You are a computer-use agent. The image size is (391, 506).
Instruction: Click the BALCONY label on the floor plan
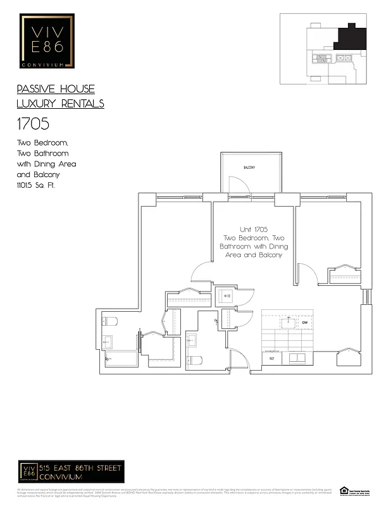[x=249, y=167]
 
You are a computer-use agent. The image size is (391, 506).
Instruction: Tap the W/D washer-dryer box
[x=227, y=296]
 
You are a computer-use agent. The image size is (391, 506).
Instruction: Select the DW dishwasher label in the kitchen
[x=304, y=323]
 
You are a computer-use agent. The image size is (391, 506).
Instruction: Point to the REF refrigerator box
[x=271, y=359]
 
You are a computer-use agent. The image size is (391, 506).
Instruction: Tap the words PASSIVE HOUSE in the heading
[x=56, y=89]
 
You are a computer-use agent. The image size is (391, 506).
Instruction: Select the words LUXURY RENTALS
[x=60, y=104]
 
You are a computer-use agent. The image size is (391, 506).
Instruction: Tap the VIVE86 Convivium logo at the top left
[x=47, y=41]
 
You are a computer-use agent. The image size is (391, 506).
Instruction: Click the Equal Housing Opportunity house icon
[x=344, y=490]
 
